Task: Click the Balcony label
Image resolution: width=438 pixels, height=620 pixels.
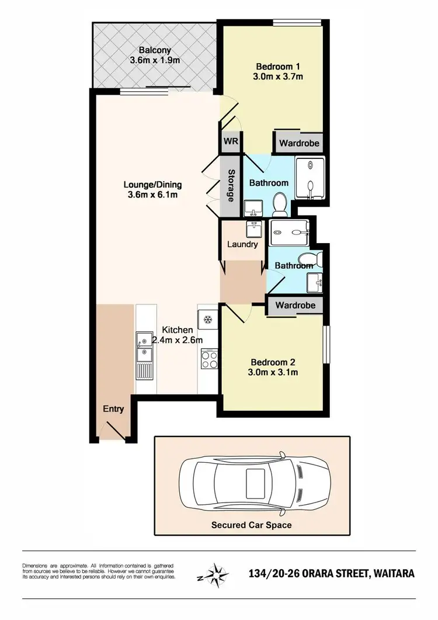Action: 154,50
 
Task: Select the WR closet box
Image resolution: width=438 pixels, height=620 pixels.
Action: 229,142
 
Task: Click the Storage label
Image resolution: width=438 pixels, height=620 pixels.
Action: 231,186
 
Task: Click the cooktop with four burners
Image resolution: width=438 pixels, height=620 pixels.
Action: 208,358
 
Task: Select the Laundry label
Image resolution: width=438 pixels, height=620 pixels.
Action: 242,244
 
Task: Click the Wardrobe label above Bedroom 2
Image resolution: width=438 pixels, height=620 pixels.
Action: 296,305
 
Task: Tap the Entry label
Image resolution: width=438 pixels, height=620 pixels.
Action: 114,409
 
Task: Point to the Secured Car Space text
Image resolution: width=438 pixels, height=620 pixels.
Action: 251,525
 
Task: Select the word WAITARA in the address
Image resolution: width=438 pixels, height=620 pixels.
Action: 393,573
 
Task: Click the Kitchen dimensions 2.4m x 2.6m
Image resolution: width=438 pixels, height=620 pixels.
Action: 177,340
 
